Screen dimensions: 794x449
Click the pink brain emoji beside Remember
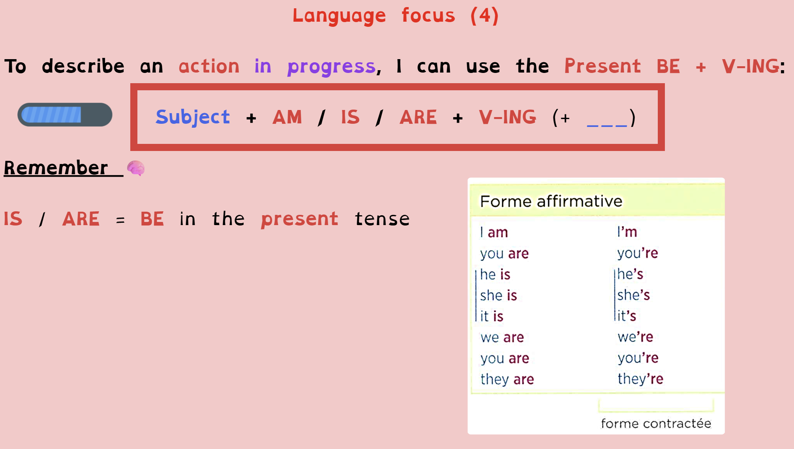pos(136,168)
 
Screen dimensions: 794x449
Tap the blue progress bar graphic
pos(65,115)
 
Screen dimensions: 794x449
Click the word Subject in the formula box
pos(193,117)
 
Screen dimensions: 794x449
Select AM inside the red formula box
pos(287,117)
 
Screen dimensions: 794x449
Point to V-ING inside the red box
pos(507,117)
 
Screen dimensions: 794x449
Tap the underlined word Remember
pos(56,168)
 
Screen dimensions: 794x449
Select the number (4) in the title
pos(485,16)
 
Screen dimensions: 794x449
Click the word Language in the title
pos(339,16)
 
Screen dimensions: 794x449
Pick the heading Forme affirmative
pos(551,201)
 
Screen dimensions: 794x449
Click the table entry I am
pos(494,232)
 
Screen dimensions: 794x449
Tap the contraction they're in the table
pos(640,379)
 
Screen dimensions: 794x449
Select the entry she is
pos(499,295)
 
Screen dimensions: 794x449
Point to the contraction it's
pos(627,316)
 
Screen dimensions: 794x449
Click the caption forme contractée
pos(656,423)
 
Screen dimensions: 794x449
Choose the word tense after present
pos(382,219)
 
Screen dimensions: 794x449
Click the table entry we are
pos(502,337)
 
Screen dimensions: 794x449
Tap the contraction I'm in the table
pos(627,232)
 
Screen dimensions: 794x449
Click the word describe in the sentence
pos(83,66)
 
